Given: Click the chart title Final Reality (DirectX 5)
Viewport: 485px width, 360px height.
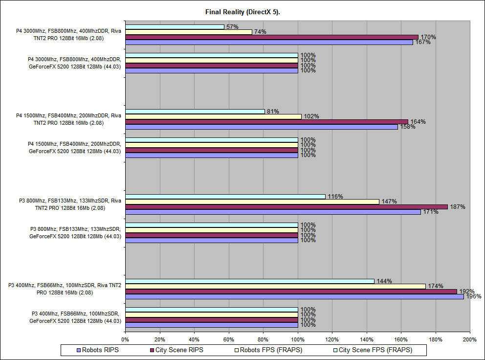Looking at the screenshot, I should coord(242,12).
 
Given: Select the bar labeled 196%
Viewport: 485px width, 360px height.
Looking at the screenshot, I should coord(294,296).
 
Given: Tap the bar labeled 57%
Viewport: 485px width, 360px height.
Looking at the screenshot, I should coord(175,27).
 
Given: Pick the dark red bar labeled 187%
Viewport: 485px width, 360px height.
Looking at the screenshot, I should coord(286,207).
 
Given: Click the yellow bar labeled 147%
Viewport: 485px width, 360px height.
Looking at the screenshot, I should coord(252,202).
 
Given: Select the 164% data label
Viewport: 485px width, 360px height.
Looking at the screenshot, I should coord(418,122).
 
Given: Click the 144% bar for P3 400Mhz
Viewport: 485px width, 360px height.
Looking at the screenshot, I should coord(249,281).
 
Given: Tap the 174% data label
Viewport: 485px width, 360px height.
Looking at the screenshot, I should coord(435,286).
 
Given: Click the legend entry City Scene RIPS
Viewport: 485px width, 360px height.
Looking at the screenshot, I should coord(179,350).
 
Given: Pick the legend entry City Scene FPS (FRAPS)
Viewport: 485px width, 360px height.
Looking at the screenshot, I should coord(375,350).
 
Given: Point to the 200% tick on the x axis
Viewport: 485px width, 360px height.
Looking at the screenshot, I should coord(470,338).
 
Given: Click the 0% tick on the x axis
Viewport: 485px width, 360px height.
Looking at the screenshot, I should coord(125,338).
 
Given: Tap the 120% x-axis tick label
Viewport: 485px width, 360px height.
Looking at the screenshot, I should coord(332,338).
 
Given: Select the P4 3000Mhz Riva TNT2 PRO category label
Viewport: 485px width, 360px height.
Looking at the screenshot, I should coord(68,35).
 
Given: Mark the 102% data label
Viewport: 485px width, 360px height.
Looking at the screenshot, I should coord(311,116).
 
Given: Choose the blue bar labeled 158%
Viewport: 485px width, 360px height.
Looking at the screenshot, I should coord(262,127).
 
